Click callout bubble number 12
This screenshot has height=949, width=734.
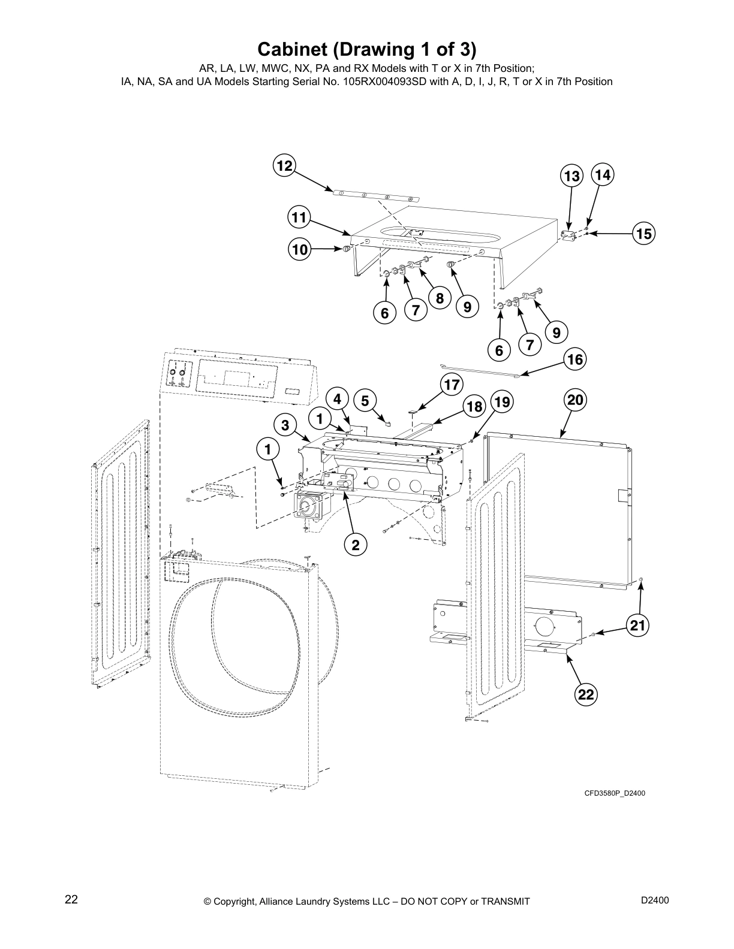[284, 165]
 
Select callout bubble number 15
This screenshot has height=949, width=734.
[643, 234]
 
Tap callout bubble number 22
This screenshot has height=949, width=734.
[585, 694]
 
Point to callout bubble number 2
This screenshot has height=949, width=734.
[355, 545]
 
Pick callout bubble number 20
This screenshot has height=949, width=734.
[574, 400]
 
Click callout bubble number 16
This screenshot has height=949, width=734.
[574, 359]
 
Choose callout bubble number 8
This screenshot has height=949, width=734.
[440, 298]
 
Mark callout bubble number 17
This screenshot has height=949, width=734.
[452, 384]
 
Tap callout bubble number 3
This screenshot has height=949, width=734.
[285, 425]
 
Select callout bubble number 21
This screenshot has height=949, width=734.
[638, 625]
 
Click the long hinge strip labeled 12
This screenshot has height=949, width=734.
[375, 195]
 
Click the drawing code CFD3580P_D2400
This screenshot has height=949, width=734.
[615, 793]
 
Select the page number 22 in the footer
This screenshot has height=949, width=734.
[71, 899]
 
